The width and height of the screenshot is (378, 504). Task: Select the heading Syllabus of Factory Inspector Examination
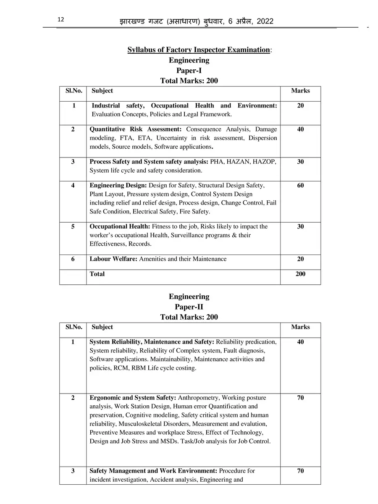click(198, 50)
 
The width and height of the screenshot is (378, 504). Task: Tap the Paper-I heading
click(189, 71)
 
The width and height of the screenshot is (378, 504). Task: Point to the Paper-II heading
click(189, 307)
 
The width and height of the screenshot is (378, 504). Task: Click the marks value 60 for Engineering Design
click(300, 185)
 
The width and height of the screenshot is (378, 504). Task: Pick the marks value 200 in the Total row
click(300, 274)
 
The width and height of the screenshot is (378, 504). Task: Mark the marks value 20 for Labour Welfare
click(300, 259)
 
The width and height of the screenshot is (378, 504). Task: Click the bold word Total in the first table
click(97, 274)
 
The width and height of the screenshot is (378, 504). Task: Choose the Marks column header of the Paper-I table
click(300, 91)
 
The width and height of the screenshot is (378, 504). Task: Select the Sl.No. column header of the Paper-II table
click(73, 327)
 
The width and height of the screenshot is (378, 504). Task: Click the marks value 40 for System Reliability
click(300, 342)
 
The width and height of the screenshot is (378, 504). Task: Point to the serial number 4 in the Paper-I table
click(73, 185)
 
